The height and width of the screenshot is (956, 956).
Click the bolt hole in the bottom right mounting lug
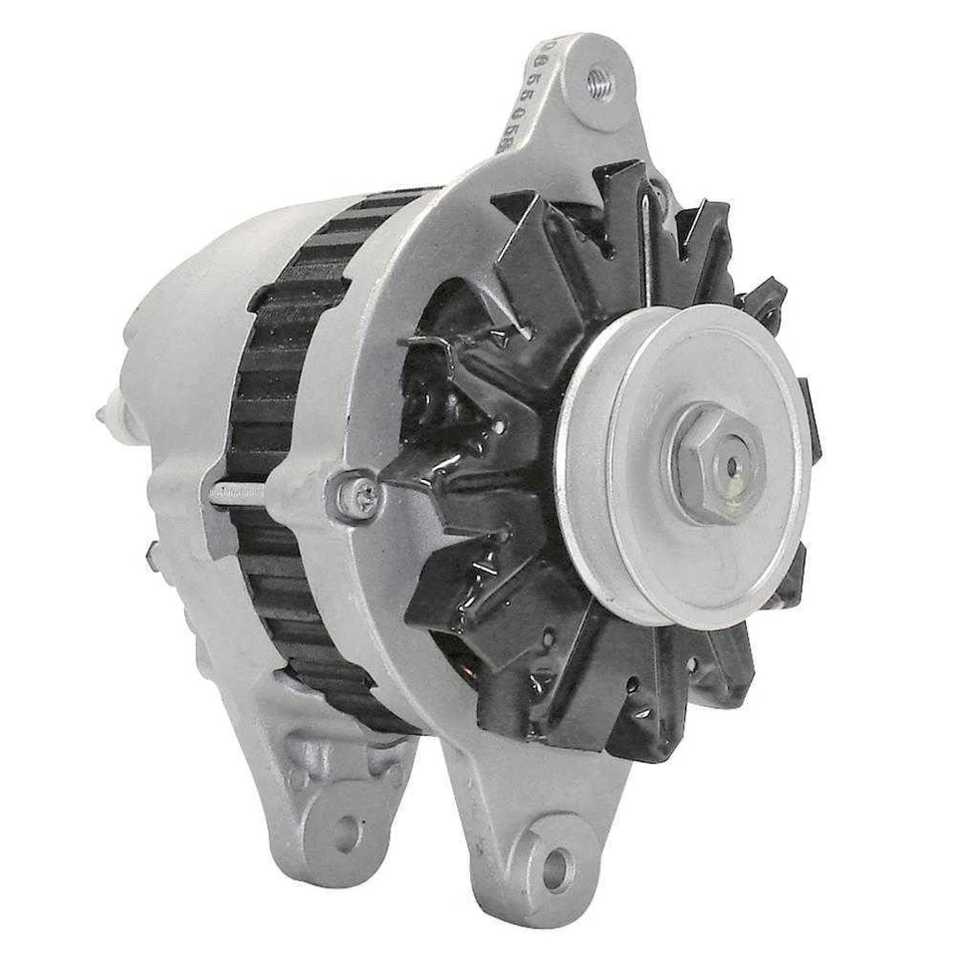555,868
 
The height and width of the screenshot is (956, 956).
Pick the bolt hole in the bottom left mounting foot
346,831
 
